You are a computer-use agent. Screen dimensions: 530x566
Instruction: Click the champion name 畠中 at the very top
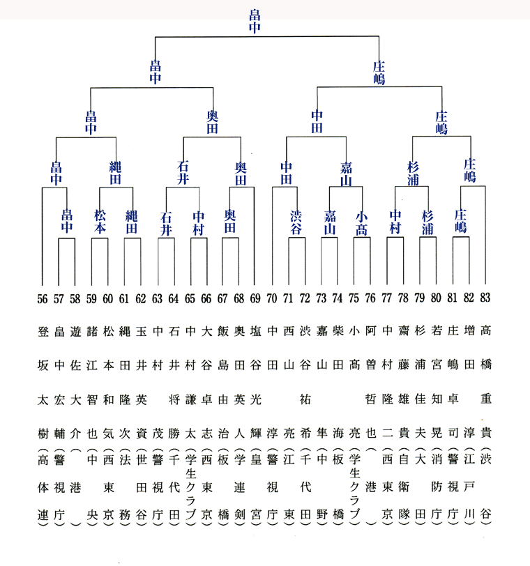pos(255,22)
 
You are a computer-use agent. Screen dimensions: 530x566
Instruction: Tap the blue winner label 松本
pos(100,222)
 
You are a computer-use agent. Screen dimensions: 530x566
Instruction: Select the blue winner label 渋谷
pos(296,223)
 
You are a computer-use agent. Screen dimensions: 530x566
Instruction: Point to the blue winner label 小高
pos(361,224)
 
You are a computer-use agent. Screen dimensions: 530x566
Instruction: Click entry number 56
pos(43,298)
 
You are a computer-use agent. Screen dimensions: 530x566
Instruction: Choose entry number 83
pos(485,298)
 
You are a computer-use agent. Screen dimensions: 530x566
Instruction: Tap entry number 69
pos(255,298)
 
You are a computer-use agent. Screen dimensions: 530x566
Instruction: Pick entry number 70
pos(271,298)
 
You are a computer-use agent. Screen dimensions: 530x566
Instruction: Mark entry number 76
pos(370,298)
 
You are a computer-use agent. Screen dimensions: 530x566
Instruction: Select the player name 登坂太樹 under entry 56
pos(43,382)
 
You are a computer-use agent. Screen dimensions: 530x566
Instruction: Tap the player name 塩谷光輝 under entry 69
pos(256,382)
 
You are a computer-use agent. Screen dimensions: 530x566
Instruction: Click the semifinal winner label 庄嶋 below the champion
pos(379,72)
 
